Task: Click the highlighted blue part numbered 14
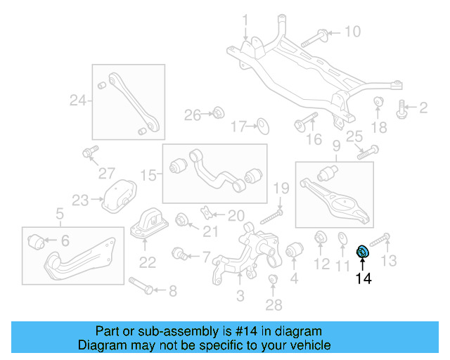tap(364, 251)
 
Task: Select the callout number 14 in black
tap(364, 278)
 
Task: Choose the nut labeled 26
tap(218, 112)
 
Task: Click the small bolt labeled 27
tap(89, 153)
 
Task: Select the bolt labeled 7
tap(179, 252)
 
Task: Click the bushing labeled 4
tap(293, 251)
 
